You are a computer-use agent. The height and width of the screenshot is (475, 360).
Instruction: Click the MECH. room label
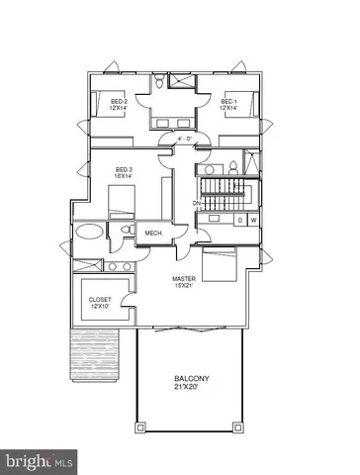pos(154,234)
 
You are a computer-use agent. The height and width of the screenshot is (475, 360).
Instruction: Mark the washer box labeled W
pos(254,220)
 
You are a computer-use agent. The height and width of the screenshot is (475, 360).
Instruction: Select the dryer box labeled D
pos(240,220)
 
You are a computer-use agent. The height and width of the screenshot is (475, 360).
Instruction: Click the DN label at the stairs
pos(198,204)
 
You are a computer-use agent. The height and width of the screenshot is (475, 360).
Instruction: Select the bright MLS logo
pos(40,461)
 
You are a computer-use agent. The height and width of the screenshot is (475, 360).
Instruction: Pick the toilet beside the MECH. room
pos(125,231)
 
